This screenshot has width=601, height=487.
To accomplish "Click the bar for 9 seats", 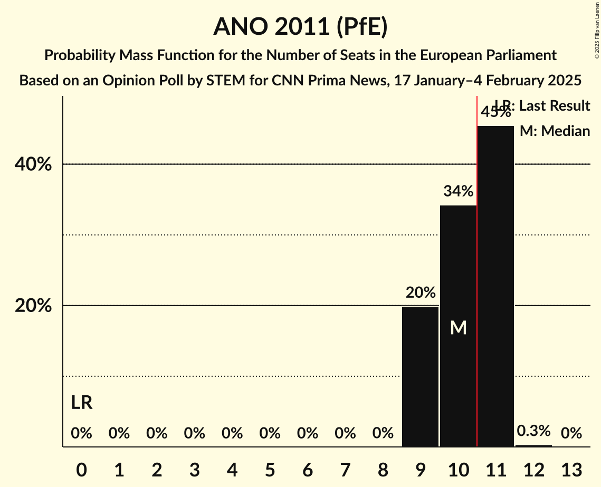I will point(420,376).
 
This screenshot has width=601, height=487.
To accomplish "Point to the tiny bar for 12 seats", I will point(533,445).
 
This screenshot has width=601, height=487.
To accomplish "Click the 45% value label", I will point(495,112).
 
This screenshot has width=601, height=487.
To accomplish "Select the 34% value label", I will point(458,191).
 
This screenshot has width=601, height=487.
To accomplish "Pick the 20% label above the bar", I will point(420,292).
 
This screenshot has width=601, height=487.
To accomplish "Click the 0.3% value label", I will point(533,431).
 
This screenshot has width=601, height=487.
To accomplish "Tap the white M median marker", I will point(458,328).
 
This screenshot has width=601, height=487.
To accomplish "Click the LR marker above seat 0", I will point(81,403).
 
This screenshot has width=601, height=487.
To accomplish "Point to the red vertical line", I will point(477,264).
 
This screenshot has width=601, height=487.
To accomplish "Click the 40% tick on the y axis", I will point(33,164).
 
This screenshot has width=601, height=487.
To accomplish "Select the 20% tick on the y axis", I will point(33,306).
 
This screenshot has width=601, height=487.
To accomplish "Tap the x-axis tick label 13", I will point(571,469).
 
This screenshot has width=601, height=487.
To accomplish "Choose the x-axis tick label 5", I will point(270,469).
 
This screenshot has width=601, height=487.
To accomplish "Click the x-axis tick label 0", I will point(81,469).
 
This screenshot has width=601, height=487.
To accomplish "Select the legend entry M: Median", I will point(555,131).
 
